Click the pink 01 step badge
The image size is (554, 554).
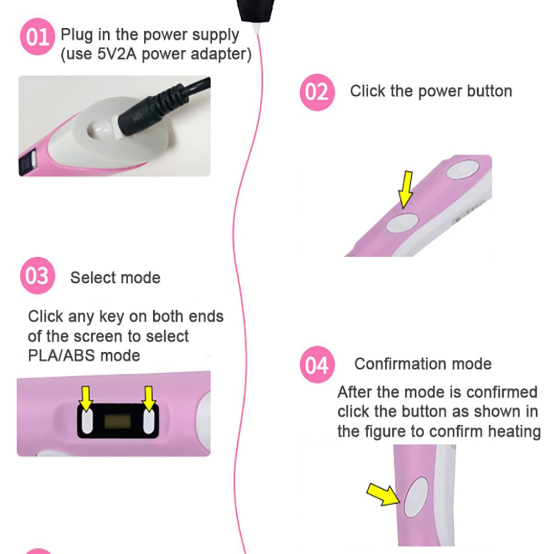[x=37, y=36]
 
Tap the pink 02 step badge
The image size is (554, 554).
[x=317, y=92]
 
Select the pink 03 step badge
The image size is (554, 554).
[x=37, y=275]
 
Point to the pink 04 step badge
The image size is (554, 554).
[x=317, y=364]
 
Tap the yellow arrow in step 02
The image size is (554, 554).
[x=406, y=190]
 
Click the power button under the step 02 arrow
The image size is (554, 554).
[x=402, y=222]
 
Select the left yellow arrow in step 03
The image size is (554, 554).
[x=86, y=398]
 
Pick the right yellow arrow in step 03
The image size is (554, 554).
[x=149, y=398]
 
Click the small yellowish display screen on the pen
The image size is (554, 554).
[x=118, y=421]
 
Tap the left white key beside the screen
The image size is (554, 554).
[x=87, y=421]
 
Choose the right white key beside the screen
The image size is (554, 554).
[x=149, y=421]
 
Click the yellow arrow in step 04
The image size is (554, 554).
[x=384, y=494]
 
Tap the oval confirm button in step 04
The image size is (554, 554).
[x=416, y=497]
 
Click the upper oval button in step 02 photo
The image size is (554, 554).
[x=463, y=169]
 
